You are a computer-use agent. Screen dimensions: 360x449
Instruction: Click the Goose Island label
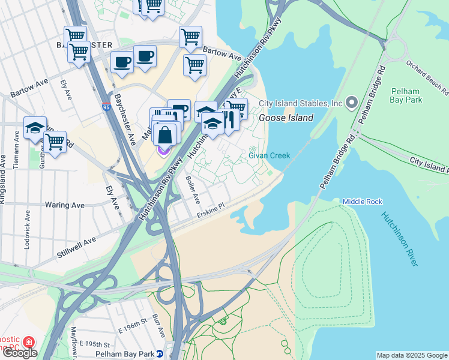click(x=286, y=118)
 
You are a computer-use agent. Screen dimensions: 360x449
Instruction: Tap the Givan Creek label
click(x=270, y=156)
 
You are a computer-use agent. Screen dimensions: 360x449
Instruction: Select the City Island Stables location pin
click(x=351, y=103)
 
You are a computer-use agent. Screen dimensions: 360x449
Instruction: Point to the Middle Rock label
click(x=362, y=202)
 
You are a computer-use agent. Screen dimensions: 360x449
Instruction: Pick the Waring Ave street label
click(x=64, y=205)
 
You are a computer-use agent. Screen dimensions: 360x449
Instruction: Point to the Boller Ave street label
click(x=192, y=189)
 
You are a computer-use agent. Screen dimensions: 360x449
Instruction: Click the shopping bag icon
click(x=165, y=135)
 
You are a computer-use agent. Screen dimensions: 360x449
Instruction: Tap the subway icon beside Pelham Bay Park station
click(x=160, y=354)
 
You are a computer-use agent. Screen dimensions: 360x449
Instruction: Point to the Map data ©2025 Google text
click(x=411, y=355)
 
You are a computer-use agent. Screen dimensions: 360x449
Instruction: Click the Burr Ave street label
click(x=158, y=325)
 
